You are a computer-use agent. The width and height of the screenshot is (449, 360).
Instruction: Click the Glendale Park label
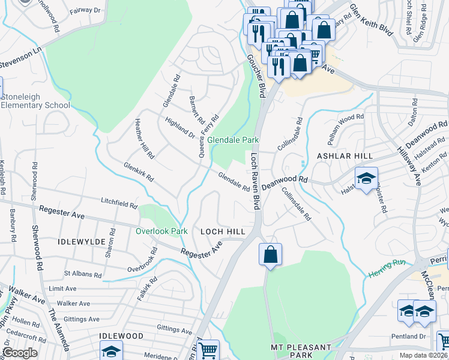(x=233, y=140)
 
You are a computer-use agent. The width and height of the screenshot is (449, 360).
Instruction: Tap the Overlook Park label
(x=161, y=231)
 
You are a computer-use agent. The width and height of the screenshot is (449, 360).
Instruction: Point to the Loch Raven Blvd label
(x=255, y=181)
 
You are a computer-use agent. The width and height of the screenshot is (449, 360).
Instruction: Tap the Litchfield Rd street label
(x=119, y=203)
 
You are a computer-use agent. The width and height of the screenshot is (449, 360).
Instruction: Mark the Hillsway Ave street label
(x=410, y=163)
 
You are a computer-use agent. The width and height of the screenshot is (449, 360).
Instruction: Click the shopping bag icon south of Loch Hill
(x=271, y=254)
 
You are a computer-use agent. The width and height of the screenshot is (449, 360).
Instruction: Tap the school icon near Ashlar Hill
(x=366, y=179)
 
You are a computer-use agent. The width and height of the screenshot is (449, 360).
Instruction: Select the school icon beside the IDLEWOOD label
(x=111, y=351)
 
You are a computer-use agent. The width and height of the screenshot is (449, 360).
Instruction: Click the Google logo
(x=20, y=353)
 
